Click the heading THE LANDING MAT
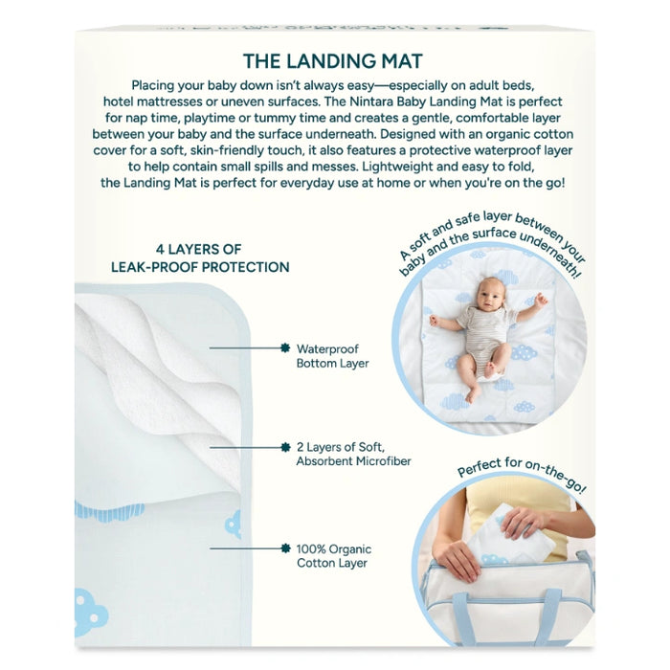(x=333, y=61)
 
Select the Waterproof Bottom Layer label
(x=332, y=356)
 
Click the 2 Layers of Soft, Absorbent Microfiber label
(x=353, y=454)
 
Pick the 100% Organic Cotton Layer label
(x=334, y=555)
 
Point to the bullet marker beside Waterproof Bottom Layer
(x=285, y=348)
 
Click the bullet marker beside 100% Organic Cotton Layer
(x=285, y=548)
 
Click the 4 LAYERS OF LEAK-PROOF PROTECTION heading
(x=200, y=258)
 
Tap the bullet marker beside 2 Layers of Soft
(x=285, y=447)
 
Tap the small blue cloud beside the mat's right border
(x=233, y=524)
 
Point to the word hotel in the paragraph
(x=118, y=101)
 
